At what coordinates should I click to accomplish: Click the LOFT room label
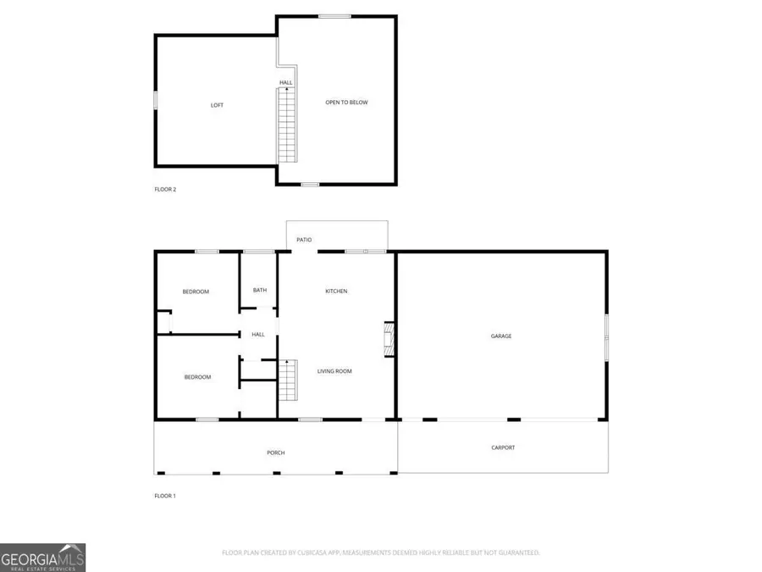218,105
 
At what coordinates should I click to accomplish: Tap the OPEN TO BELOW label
347,103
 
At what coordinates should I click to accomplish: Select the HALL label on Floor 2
286,83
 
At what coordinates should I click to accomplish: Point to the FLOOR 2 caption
165,189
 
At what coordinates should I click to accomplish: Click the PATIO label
304,240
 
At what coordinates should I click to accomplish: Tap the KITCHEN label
336,292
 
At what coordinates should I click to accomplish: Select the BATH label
260,291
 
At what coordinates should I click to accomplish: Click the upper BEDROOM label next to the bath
196,292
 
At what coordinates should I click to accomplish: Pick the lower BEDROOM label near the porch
197,377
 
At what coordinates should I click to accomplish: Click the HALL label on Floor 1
258,335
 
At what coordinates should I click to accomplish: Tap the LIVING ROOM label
334,371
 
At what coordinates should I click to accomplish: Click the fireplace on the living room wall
389,338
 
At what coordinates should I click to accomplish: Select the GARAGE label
501,336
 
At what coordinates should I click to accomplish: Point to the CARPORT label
503,447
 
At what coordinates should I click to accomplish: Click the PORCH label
276,453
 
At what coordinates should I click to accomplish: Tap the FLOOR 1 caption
165,496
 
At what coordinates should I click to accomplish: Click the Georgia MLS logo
42,558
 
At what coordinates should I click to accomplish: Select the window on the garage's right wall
606,337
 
